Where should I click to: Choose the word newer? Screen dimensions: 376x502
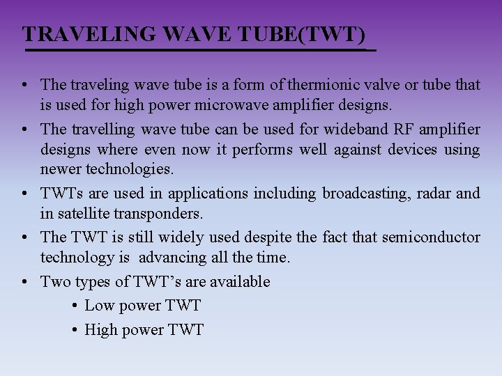tap(60, 169)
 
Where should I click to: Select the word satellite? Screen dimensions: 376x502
tap(84, 213)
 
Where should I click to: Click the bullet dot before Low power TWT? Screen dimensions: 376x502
tap(75, 306)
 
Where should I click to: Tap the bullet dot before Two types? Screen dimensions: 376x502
tap(24, 281)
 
